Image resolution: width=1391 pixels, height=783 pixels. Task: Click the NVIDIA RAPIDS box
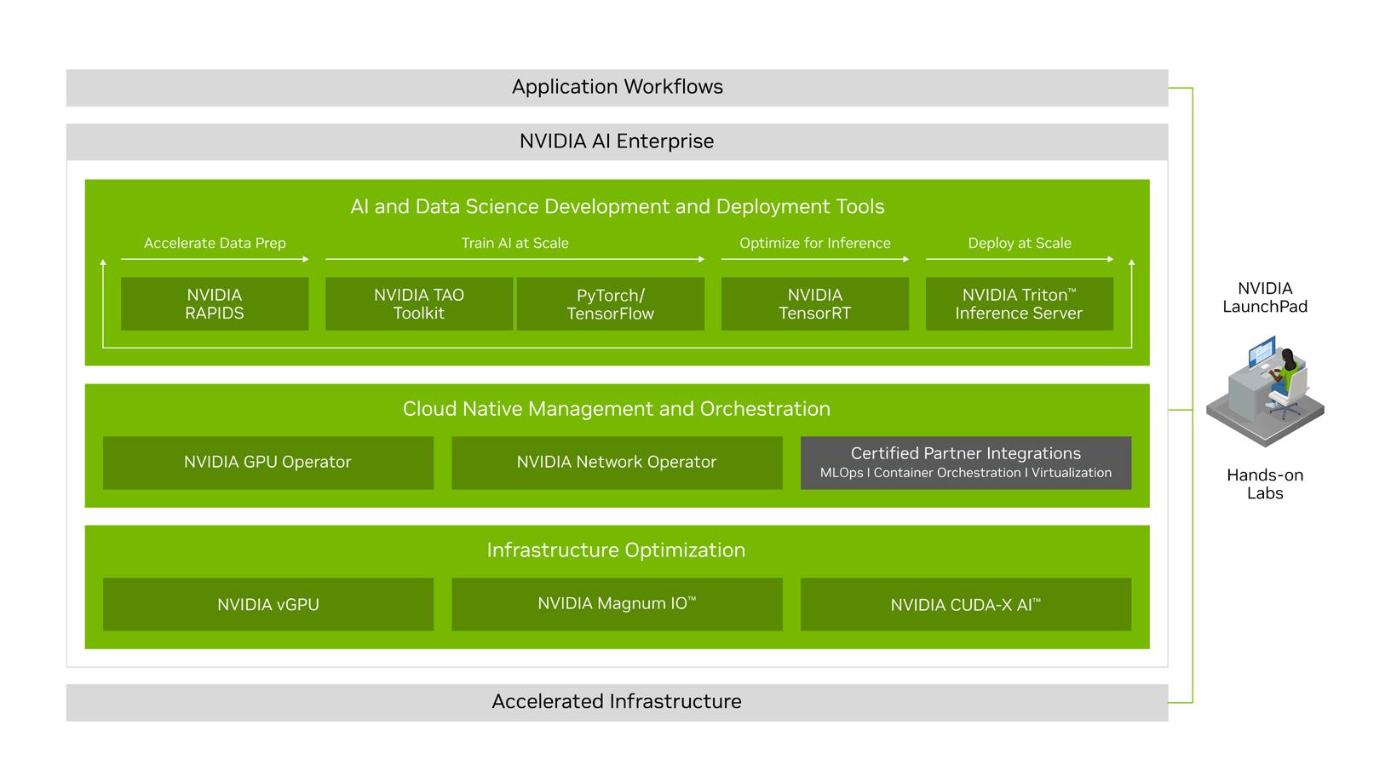215,304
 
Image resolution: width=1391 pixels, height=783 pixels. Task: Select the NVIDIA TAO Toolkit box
419,304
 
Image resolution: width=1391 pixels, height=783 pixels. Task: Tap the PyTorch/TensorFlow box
611,304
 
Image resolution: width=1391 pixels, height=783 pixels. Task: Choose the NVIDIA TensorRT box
815,304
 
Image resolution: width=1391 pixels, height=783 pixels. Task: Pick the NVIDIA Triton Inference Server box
1019,304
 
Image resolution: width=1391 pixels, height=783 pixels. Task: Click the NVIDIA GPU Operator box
268,463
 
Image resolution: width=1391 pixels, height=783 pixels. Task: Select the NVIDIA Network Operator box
617,463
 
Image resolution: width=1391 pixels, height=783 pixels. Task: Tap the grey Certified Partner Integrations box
966,463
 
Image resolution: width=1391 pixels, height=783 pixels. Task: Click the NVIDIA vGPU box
268,605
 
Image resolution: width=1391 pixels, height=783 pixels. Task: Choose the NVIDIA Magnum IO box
617,605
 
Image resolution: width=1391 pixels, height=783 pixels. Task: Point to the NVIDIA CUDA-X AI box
966,605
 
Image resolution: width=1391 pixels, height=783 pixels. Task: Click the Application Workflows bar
617,88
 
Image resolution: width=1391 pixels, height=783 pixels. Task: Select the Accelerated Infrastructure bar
617,702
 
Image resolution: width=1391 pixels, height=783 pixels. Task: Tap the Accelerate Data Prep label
215,244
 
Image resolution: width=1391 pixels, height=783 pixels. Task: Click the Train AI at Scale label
515,244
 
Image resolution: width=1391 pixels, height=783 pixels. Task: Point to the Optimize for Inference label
815,244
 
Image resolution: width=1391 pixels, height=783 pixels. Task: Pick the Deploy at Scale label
1020,244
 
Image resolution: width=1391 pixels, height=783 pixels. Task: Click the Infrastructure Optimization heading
616,550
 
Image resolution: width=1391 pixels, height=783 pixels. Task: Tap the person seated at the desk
1283,375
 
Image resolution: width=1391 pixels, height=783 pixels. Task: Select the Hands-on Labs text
1265,484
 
